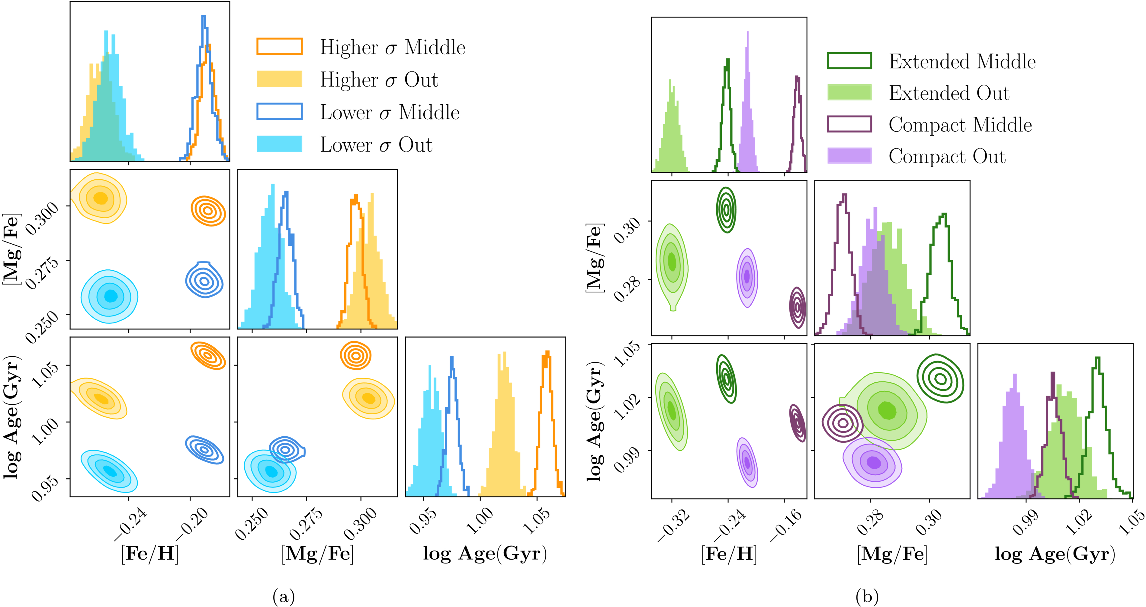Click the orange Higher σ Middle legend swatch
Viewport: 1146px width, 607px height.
tap(279, 47)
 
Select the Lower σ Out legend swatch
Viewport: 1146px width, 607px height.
tap(279, 144)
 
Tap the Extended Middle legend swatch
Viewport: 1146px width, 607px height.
tap(849, 61)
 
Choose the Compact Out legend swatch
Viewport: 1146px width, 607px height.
tap(849, 156)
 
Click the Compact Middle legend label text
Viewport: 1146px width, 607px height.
tap(960, 125)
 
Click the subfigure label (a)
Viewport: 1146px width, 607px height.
tap(283, 596)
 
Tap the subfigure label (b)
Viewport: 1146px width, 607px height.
tap(867, 596)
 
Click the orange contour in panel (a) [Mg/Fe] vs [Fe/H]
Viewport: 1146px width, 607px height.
tap(208, 210)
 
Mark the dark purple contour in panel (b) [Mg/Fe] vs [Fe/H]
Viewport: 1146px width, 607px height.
tap(797, 307)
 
